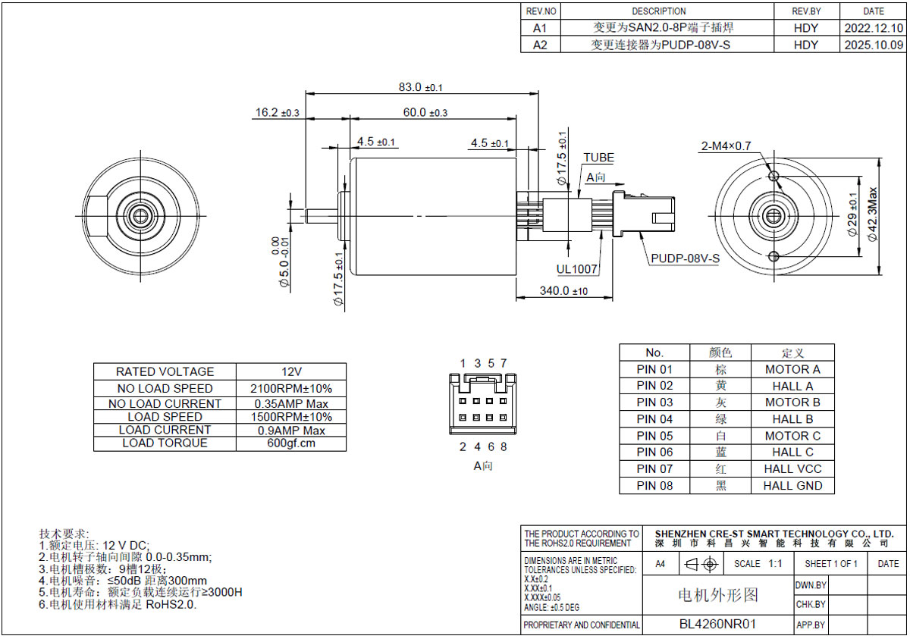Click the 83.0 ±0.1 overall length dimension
tap(420, 87)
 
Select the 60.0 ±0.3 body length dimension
tap(425, 112)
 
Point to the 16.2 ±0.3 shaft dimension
tap(277, 112)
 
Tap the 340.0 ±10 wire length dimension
tap(563, 290)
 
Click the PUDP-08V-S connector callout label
tap(686, 258)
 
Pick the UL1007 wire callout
tap(576, 269)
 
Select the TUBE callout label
tap(599, 158)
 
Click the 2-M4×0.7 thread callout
tap(726, 146)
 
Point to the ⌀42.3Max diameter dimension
tap(872, 214)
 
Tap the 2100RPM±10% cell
tap(291, 389)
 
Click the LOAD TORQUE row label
tap(165, 443)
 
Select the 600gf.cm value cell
tap(291, 443)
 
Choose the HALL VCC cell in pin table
tap(792, 469)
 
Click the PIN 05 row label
tap(654, 436)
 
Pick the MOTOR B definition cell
tap(792, 403)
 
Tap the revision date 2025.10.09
tap(874, 45)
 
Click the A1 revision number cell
tap(540, 28)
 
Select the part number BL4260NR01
tap(717, 624)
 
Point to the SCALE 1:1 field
tap(758, 563)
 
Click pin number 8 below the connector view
tap(504, 446)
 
